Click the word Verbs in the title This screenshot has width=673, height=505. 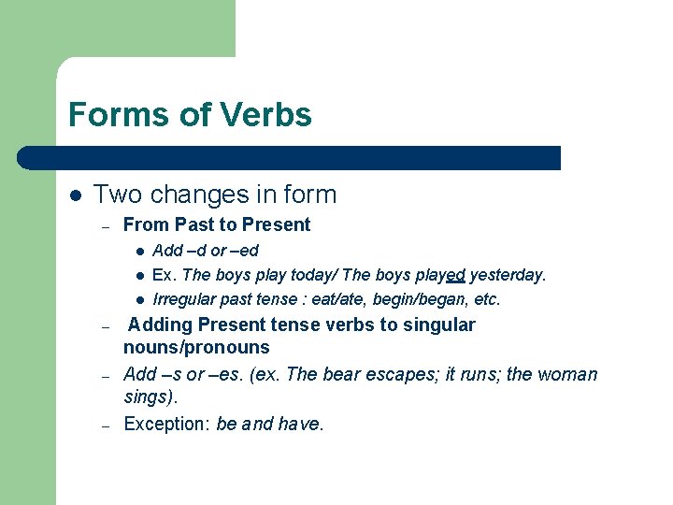[x=266, y=115]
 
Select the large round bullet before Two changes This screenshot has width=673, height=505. [x=75, y=195]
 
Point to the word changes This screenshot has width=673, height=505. [x=195, y=195]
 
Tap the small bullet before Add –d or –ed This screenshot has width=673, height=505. [x=138, y=251]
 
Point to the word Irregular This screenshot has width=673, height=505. [x=184, y=299]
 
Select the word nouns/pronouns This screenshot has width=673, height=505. [x=196, y=347]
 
